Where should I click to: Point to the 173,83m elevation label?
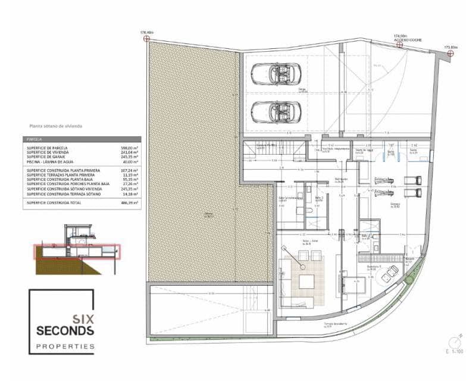coord(451,46)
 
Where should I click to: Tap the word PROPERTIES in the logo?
coord(65,346)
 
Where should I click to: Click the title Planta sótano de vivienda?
coord(56,126)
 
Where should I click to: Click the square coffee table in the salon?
coord(306,282)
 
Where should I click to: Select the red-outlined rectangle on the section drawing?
coord(76,251)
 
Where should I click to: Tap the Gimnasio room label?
coord(394,204)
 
